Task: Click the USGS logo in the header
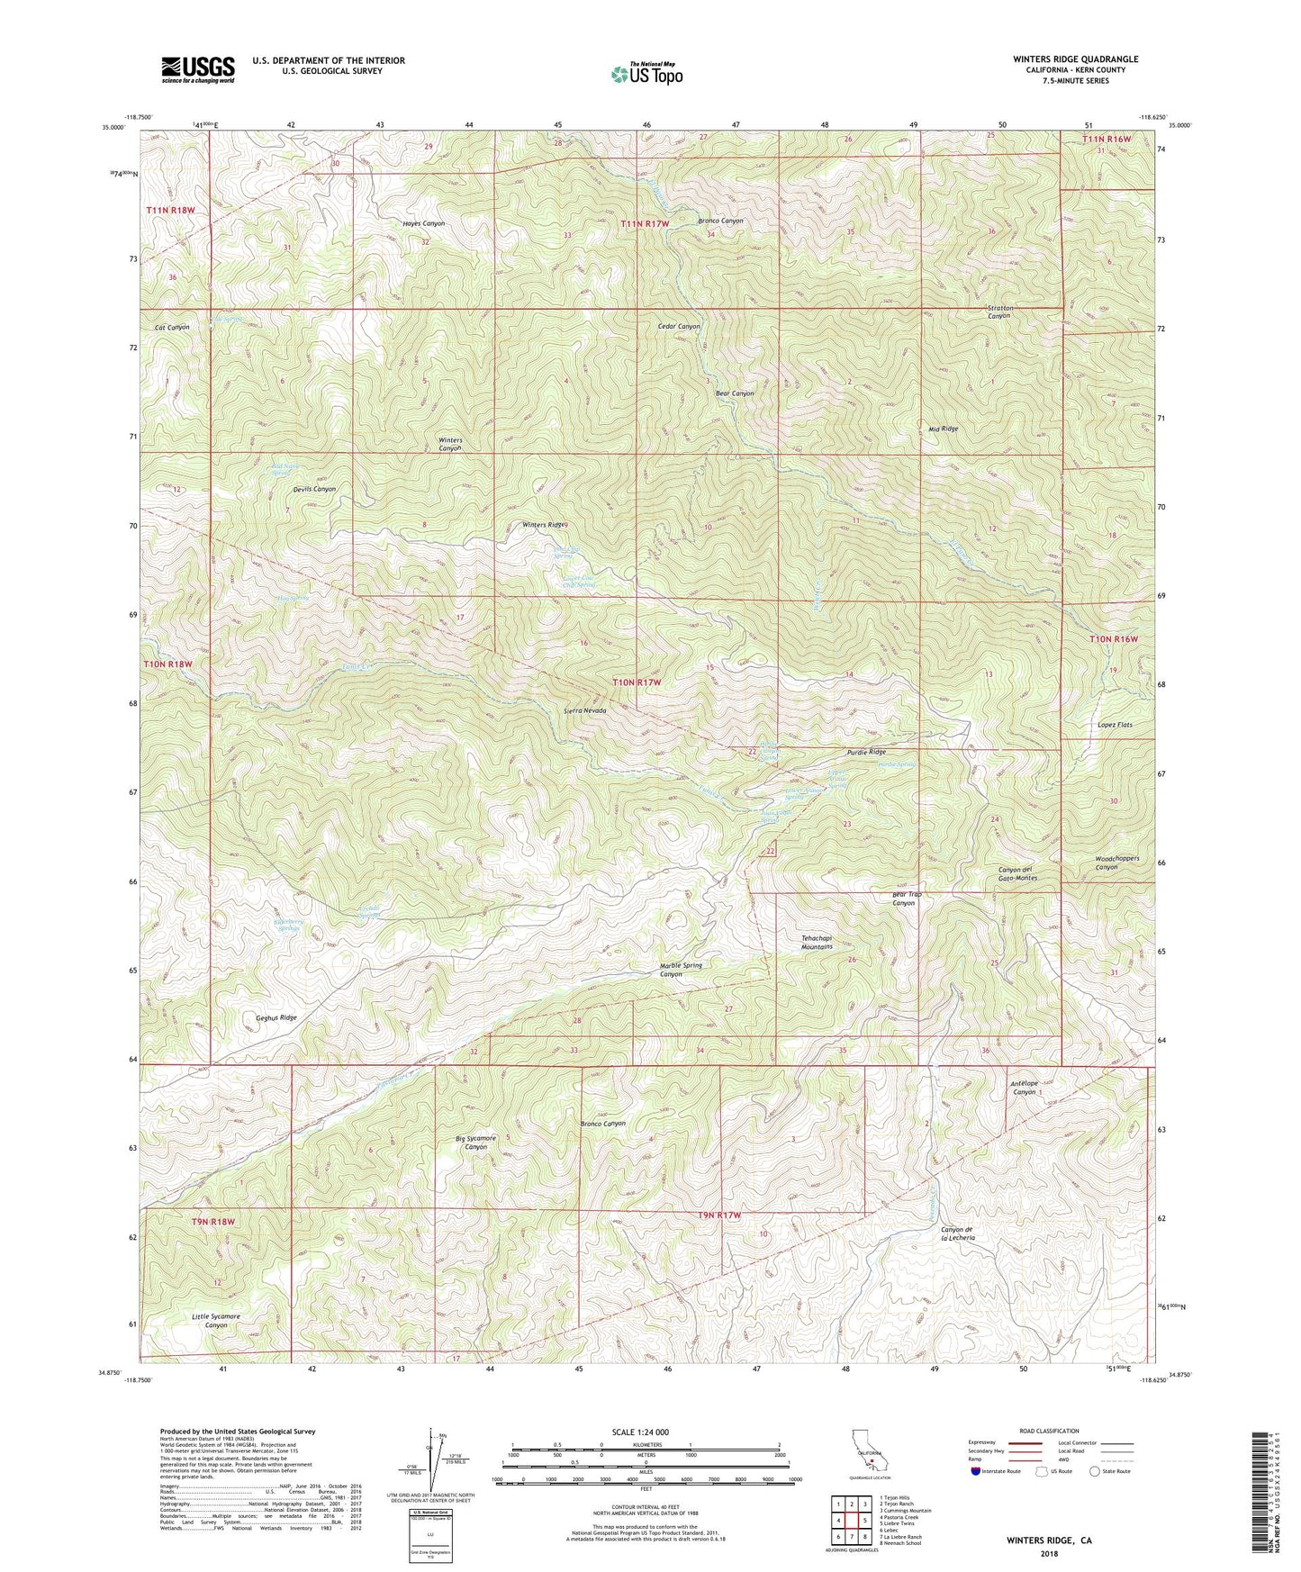197,69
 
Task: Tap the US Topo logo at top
646,74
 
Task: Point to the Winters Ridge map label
544,524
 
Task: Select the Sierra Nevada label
584,710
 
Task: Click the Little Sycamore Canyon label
215,1321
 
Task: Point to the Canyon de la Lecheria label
957,1233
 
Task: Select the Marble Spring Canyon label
681,970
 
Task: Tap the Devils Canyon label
314,489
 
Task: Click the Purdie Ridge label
866,752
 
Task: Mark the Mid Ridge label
943,429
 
